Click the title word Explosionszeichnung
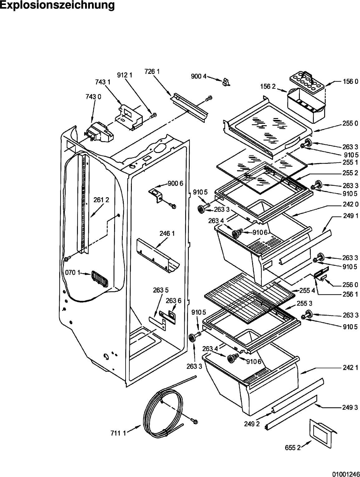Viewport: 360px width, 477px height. pyautogui.click(x=57, y=5)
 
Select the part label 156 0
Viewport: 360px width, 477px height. pyautogui.click(x=350, y=82)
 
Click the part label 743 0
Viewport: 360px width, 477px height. pyautogui.click(x=93, y=97)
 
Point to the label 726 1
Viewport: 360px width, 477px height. pyautogui.click(x=152, y=71)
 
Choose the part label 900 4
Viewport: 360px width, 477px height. pyautogui.click(x=199, y=76)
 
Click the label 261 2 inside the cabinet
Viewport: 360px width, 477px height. pyautogui.click(x=101, y=200)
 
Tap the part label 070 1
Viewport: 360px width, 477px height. pyautogui.click(x=73, y=272)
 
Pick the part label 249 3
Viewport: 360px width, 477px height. pyautogui.click(x=350, y=407)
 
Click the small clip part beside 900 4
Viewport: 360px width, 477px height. pyautogui.click(x=226, y=82)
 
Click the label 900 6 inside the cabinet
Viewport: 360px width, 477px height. pyautogui.click(x=175, y=184)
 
